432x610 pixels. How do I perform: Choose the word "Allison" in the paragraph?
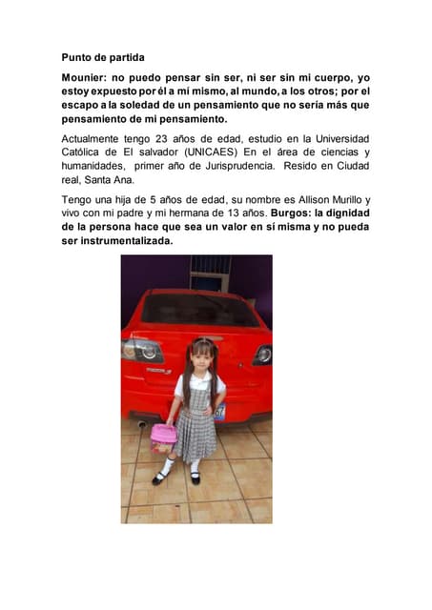[292, 199]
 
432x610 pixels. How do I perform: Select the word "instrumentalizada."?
[119, 241]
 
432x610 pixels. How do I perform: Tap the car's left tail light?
[141, 351]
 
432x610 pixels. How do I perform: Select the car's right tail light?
[261, 355]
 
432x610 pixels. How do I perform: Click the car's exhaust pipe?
[141, 422]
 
